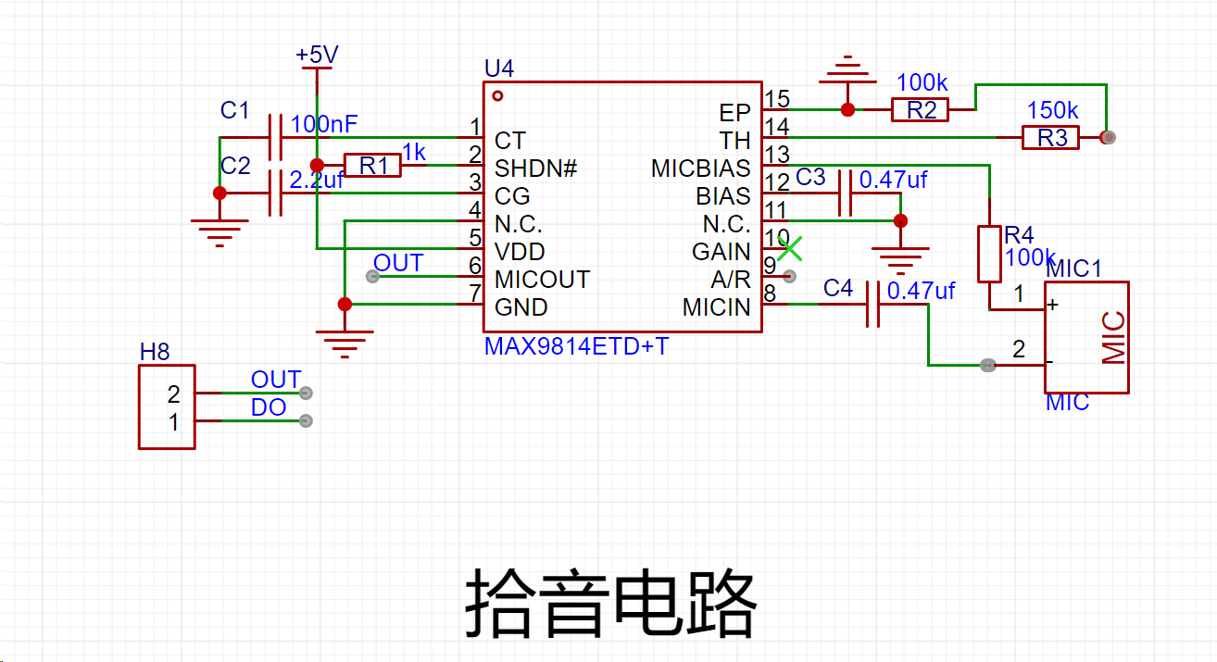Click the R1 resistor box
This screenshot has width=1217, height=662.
[x=372, y=165]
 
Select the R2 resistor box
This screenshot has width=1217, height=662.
[x=921, y=109]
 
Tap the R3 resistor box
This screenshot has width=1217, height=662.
[x=1050, y=137]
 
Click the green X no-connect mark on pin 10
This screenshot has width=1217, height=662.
[x=789, y=249]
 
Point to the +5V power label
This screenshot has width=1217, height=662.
[x=317, y=55]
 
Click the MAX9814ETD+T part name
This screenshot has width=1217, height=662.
[x=576, y=346]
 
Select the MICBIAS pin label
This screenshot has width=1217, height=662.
[x=700, y=169]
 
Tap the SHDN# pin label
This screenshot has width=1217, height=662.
[x=535, y=169]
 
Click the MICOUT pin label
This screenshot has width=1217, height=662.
[x=542, y=280]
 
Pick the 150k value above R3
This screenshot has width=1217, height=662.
[x=1052, y=110]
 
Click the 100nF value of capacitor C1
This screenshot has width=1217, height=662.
[x=324, y=124]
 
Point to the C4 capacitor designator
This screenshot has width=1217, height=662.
[x=838, y=288]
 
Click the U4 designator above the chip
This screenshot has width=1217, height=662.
[x=499, y=69]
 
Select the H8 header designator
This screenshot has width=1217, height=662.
[x=155, y=352]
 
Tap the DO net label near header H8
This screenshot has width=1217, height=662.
[x=269, y=407]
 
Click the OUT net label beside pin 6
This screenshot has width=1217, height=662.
[x=398, y=263]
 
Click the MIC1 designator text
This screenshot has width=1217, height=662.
[x=1073, y=269]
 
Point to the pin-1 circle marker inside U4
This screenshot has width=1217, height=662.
[x=497, y=96]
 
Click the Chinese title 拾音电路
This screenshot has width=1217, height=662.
[x=610, y=603]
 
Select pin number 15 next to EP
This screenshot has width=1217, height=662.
[x=777, y=99]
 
